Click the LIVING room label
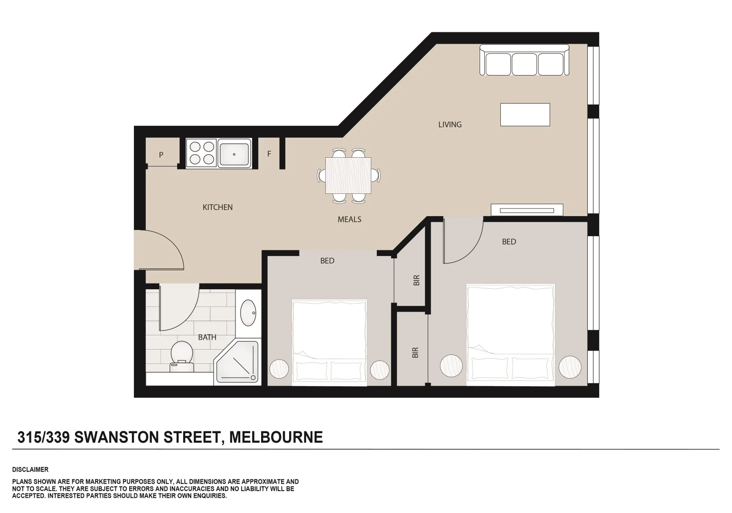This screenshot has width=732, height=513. [450, 124]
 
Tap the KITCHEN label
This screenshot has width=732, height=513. [217, 207]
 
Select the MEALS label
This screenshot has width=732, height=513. [349, 219]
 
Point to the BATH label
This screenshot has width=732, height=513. [207, 337]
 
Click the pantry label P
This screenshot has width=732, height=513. [161, 155]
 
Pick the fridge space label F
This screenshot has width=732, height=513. [269, 154]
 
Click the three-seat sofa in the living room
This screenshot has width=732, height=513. [524, 60]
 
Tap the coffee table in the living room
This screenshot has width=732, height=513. [525, 114]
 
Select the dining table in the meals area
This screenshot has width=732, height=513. [348, 175]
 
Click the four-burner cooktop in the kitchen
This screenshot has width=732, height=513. [201, 153]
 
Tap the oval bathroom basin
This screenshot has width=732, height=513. [248, 313]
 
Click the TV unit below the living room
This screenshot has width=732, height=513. [526, 210]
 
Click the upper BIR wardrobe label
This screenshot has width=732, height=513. [417, 280]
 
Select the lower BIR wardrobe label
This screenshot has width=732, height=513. [415, 352]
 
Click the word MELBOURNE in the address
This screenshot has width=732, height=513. [276, 437]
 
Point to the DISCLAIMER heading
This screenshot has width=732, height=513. [30, 469]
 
